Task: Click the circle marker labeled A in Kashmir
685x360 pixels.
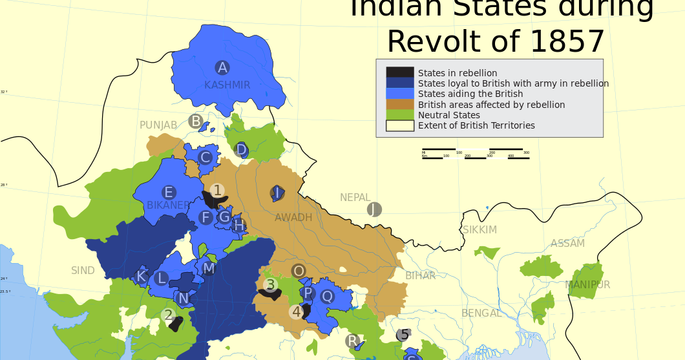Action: [222, 67]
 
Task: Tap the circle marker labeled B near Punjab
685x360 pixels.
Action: [196, 121]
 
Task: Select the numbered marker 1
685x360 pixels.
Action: [218, 190]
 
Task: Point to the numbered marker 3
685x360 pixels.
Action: [271, 284]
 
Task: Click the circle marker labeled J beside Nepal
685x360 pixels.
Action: [374, 209]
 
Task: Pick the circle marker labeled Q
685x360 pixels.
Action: [327, 296]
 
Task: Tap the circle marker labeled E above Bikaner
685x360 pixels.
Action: [169, 192]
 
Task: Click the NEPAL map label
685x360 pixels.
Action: [355, 197]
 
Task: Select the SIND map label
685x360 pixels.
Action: [83, 270]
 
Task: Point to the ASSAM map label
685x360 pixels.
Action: [567, 244]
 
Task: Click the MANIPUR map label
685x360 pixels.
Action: [587, 284]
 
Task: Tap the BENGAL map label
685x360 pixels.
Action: [481, 313]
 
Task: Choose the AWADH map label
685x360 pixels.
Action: [293, 217]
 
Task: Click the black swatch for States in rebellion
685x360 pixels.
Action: [399, 72]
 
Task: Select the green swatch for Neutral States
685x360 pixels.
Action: [399, 114]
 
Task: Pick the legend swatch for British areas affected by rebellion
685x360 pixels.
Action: [399, 104]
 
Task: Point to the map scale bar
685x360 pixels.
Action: [475, 154]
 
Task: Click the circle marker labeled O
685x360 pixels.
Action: [299, 271]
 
